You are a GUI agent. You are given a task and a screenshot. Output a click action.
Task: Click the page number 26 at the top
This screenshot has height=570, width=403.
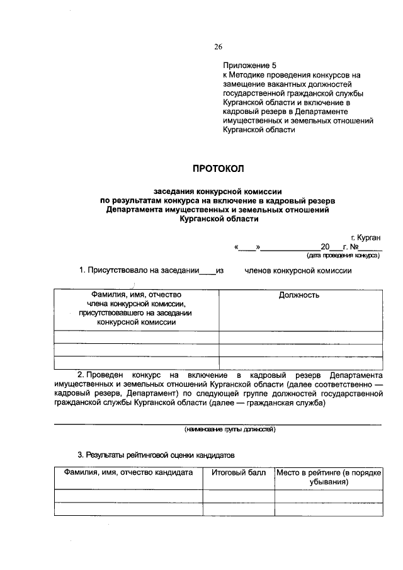(x=219, y=47)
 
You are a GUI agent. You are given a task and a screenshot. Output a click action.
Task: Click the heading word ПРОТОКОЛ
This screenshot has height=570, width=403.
(x=217, y=168)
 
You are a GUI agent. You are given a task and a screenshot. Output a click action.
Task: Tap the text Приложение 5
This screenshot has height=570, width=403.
(x=250, y=65)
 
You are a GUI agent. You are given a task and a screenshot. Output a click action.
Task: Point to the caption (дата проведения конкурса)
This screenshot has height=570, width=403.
(x=343, y=256)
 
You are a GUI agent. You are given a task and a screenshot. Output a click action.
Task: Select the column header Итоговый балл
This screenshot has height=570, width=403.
(x=238, y=472)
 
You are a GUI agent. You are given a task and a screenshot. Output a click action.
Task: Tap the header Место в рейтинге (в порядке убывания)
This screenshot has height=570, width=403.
(x=329, y=476)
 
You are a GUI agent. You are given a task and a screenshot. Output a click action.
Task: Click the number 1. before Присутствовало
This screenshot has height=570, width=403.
(x=82, y=271)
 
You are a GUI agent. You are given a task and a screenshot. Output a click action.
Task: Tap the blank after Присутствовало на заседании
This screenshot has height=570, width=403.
(x=207, y=271)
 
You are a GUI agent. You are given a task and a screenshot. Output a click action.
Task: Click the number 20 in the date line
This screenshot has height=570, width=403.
(x=325, y=248)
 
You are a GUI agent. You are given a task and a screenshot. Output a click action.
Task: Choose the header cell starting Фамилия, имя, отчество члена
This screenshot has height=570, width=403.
(x=136, y=308)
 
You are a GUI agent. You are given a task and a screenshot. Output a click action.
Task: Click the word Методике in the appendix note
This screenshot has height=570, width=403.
(x=252, y=74)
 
